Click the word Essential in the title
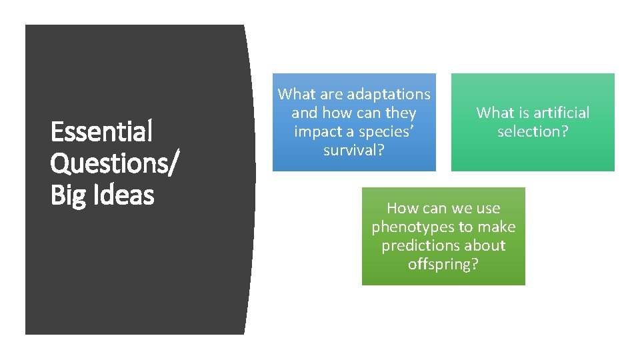pyautogui.click(x=102, y=131)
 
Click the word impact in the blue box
pyautogui.click(x=317, y=132)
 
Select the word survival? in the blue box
pyautogui.click(x=354, y=151)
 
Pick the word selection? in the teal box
pyautogui.click(x=533, y=131)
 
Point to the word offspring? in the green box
pyautogui.click(x=443, y=264)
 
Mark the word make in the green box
pyautogui.click(x=499, y=227)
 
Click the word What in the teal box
pyautogui.click(x=495, y=113)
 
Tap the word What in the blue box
pyautogui.click(x=296, y=95)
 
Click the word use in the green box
pyautogui.click(x=488, y=208)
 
